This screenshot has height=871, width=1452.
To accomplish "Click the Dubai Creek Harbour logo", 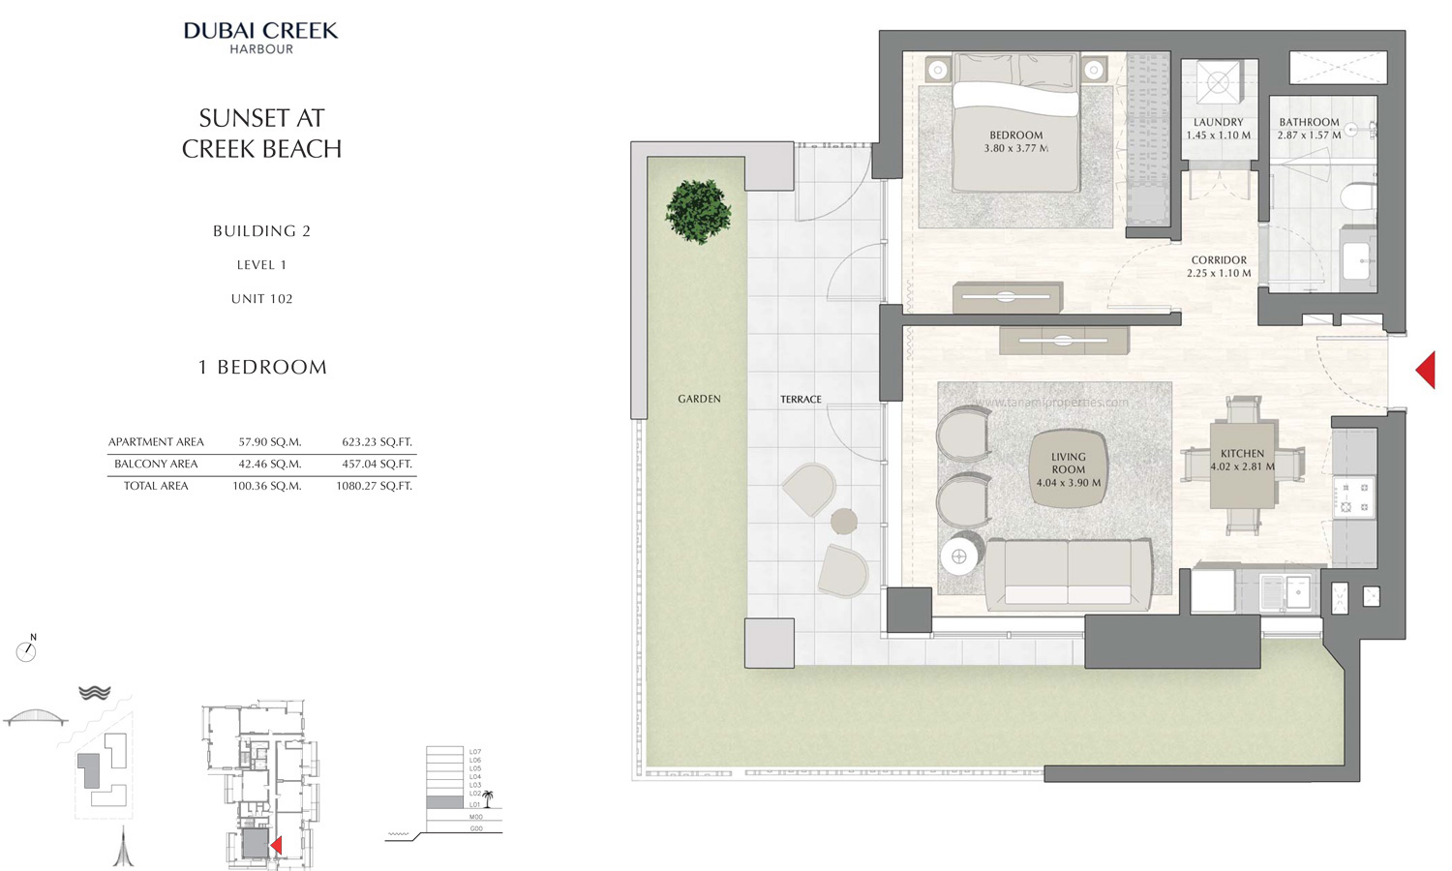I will click(x=261, y=37).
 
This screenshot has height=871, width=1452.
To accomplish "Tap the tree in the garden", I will click(x=698, y=211).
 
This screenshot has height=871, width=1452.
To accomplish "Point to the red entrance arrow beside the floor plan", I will click(x=1425, y=370).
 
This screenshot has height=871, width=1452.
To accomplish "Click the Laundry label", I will click(x=1218, y=123).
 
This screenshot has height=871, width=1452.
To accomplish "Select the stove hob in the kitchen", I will click(x=1353, y=496).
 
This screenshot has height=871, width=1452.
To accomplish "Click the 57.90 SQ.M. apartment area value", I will click(x=270, y=442).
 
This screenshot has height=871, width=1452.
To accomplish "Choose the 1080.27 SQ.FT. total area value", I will click(x=374, y=486).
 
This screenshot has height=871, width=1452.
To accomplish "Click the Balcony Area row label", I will click(x=156, y=465).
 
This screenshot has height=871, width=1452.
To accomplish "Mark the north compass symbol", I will click(x=26, y=650).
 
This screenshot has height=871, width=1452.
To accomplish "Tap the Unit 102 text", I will click(x=261, y=299).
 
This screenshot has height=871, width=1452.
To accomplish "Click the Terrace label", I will click(x=801, y=400).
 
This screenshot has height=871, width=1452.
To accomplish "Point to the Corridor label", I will click(x=1219, y=260).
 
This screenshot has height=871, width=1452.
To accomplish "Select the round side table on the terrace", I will click(x=844, y=522).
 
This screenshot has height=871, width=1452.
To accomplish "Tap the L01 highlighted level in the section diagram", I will click(x=445, y=803).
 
